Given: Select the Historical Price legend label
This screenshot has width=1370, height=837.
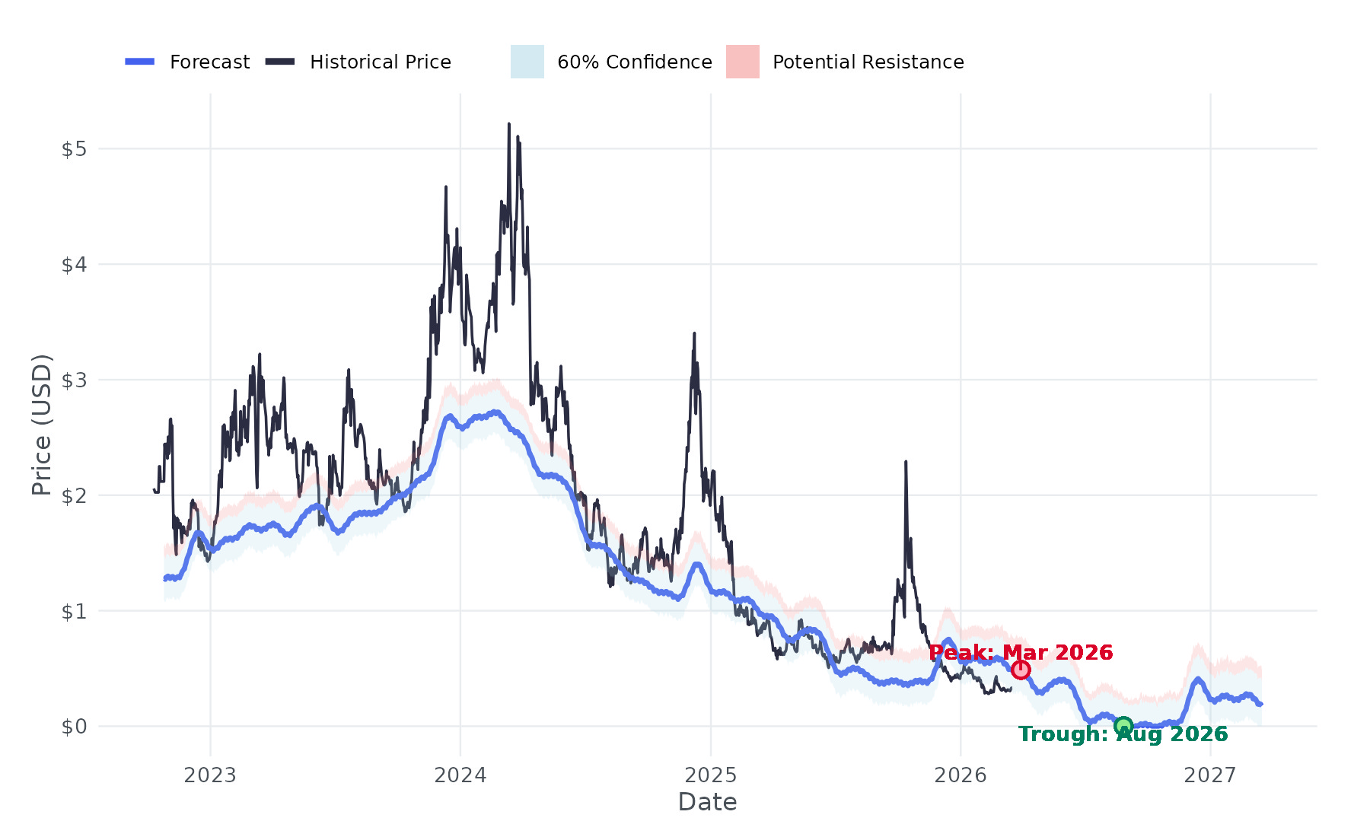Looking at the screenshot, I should [x=380, y=62].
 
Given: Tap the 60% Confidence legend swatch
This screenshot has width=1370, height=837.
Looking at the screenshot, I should [x=527, y=62].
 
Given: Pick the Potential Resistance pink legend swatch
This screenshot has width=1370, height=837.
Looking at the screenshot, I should [x=742, y=62].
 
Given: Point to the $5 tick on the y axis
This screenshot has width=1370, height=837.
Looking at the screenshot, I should [x=74, y=149].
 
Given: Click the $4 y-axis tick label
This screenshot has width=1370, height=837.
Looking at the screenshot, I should [x=74, y=265].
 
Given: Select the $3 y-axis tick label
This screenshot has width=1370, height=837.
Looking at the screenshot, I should [x=74, y=380].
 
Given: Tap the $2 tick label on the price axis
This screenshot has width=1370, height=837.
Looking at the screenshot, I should [x=74, y=495].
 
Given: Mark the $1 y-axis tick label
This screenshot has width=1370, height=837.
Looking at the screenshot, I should [x=74, y=611].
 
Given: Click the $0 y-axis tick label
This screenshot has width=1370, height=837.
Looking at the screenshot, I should [x=74, y=727].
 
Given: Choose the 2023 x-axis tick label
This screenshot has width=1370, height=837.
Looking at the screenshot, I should [x=210, y=775].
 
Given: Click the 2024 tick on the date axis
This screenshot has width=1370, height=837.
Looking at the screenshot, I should [x=460, y=775].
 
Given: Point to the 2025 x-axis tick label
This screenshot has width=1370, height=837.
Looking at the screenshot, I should [x=710, y=775].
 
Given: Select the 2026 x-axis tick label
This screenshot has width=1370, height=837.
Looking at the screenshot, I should [x=960, y=775].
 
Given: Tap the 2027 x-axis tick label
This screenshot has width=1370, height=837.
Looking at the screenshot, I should [x=1210, y=775].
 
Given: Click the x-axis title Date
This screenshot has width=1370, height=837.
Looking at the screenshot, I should [x=707, y=802].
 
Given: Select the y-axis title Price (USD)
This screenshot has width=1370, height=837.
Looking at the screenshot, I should [x=42, y=425].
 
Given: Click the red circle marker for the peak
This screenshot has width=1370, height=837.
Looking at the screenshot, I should [x=1021, y=670].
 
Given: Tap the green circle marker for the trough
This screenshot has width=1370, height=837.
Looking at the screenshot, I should [x=1123, y=726].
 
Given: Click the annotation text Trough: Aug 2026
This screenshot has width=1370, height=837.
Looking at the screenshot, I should [x=1123, y=734].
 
